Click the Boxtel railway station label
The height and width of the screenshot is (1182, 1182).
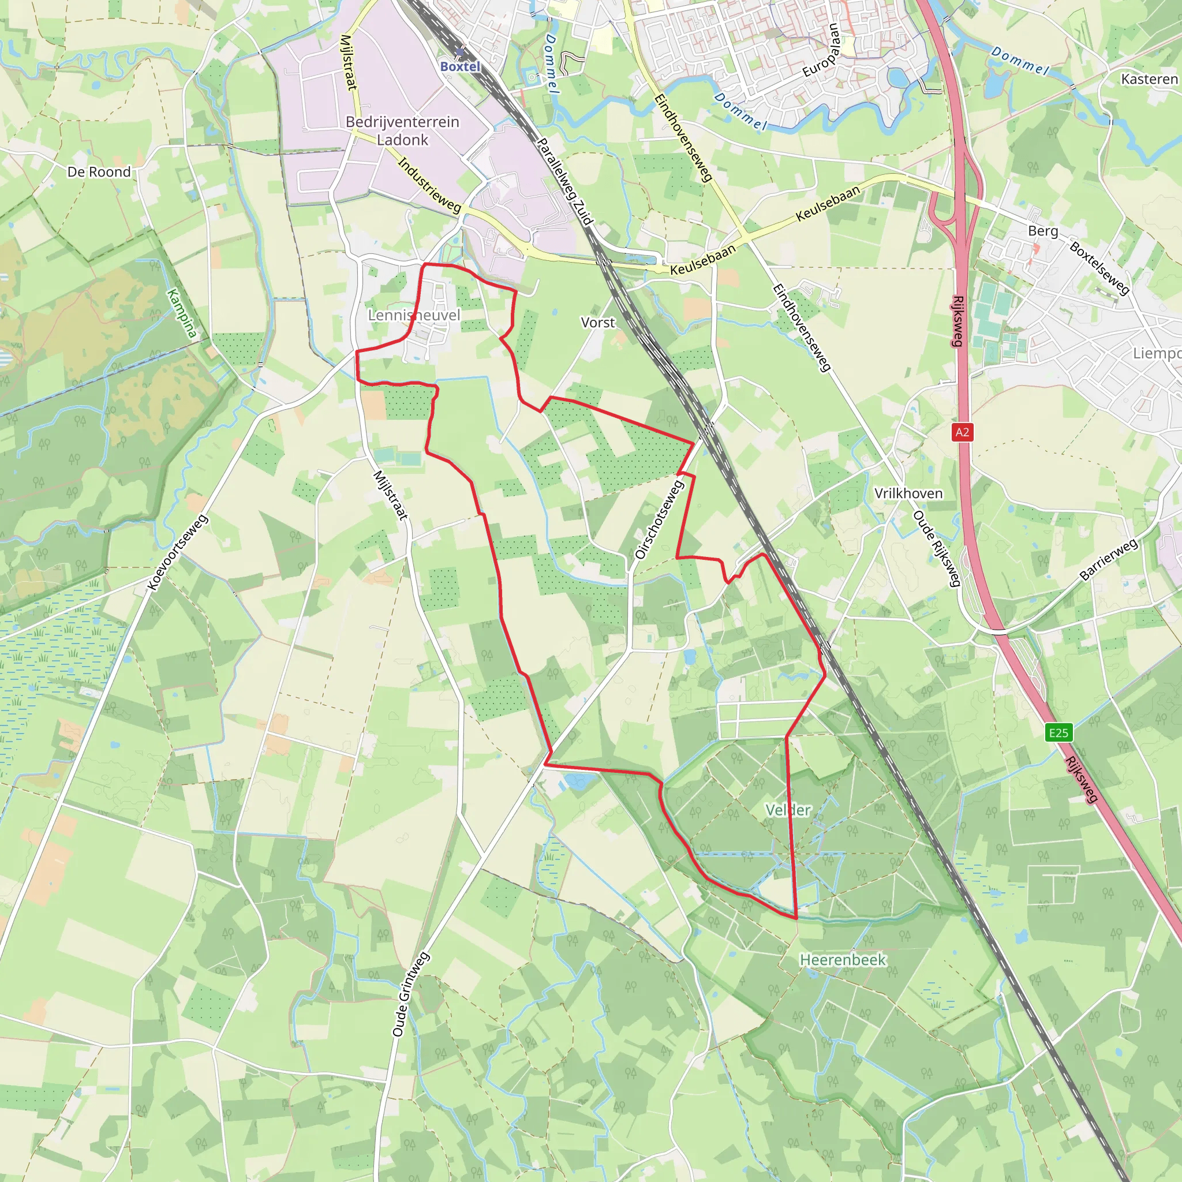coord(460,66)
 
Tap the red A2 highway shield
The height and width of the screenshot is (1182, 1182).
coord(962,432)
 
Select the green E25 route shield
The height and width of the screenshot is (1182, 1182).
coord(1058,733)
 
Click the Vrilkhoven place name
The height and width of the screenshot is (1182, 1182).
coord(908,493)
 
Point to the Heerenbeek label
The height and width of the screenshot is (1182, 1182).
coord(843,959)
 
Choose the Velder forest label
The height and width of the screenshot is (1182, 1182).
coord(788,810)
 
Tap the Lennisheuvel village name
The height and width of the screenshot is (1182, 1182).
coord(414,315)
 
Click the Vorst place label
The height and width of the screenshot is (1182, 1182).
coord(598,323)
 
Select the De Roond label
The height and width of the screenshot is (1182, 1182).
coord(99,172)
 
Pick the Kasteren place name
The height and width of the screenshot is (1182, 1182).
coord(1149,79)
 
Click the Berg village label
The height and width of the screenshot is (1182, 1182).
coord(1042,231)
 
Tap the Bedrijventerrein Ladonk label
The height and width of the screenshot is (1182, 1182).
coord(403,130)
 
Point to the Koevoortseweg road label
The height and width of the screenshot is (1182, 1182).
coord(177,553)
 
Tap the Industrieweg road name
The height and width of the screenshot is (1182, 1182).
coord(429,184)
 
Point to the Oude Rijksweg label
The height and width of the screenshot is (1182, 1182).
coord(936,548)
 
